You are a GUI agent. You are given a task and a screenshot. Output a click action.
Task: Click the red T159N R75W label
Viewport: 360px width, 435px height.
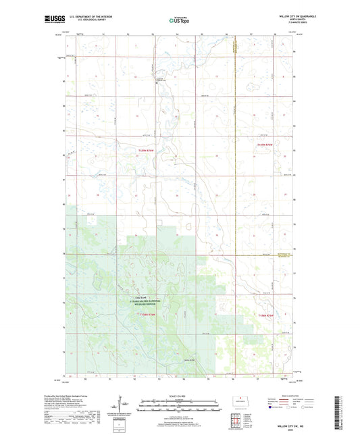tap(267, 145)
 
